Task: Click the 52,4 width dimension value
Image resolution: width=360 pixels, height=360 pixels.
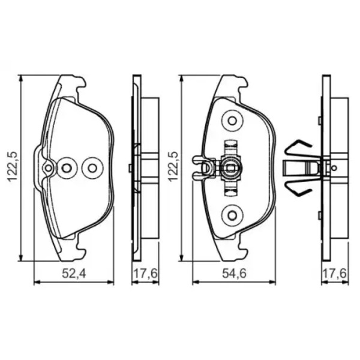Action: pos(74,274)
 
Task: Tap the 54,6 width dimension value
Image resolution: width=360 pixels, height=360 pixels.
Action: pos(234,274)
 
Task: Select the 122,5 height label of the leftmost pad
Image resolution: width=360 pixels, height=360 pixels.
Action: pos(13,166)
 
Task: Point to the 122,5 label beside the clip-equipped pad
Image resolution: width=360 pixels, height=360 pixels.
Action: pos(174,166)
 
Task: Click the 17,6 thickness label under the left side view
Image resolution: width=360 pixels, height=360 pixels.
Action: pos(146,274)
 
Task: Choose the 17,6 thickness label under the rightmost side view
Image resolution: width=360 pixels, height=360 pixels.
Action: pos(334,274)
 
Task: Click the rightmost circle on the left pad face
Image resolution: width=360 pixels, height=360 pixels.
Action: pos(92,168)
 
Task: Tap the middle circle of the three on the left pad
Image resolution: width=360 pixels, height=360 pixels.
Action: pos(67,168)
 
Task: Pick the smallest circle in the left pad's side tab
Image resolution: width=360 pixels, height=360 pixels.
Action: pos(48,168)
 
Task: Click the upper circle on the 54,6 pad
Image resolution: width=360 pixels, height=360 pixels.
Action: pos(232,121)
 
